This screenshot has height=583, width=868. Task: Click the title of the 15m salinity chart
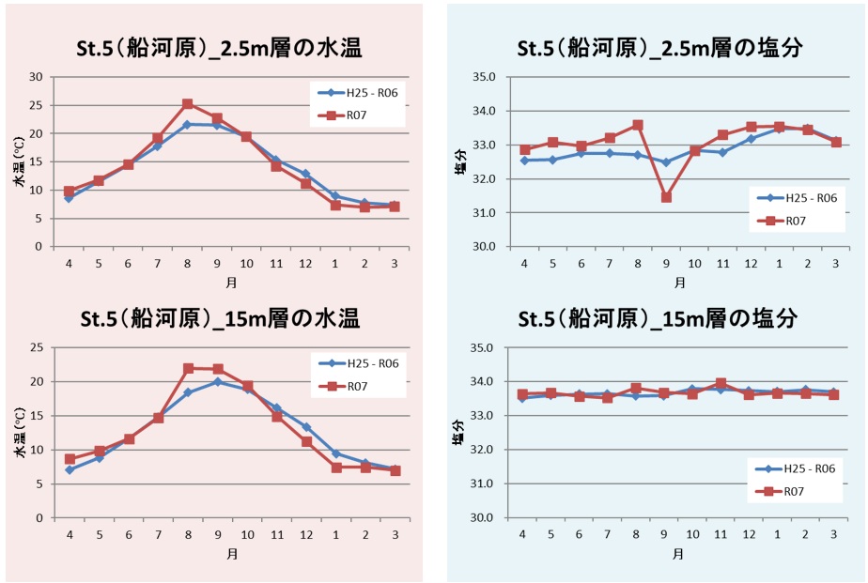point(659,318)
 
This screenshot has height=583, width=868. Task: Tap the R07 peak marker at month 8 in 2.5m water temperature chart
point(188,104)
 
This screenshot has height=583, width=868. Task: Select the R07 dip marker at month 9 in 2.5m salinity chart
point(666,197)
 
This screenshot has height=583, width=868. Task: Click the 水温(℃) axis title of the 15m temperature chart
point(18,433)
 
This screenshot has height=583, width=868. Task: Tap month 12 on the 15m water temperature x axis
point(305,534)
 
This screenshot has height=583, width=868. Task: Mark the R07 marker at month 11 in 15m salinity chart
point(721,383)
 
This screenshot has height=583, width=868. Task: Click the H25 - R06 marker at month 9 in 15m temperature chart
point(217,382)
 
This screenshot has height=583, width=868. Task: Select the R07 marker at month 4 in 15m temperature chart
point(69,459)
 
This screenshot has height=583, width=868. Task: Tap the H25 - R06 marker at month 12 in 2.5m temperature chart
point(305,174)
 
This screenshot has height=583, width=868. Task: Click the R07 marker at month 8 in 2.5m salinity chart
point(638,125)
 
